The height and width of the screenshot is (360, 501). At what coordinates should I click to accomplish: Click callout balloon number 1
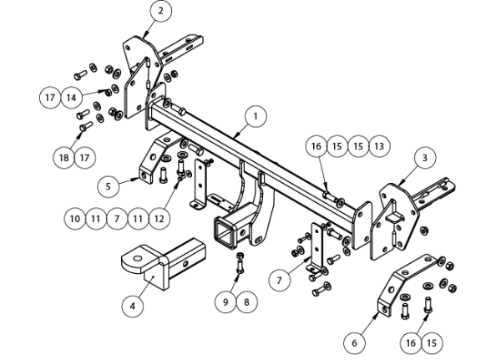pyautogui.click(x=256, y=117)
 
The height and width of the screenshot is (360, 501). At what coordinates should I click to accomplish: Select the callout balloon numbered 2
pyautogui.click(x=160, y=11)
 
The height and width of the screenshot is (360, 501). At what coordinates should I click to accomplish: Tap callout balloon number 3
pyautogui.click(x=425, y=158)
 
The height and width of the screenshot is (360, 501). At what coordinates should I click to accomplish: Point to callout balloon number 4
pyautogui.click(x=133, y=307)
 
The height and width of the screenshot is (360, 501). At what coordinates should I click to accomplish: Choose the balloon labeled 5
pyautogui.click(x=109, y=186)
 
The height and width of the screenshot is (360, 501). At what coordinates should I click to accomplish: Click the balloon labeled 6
pyautogui.click(x=354, y=343)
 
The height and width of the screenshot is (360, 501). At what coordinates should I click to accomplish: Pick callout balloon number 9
pyautogui.click(x=225, y=302)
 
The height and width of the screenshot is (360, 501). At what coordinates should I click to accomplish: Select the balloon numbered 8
pyautogui.click(x=246, y=302)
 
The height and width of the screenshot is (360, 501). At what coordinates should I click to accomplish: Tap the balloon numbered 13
pyautogui.click(x=379, y=146)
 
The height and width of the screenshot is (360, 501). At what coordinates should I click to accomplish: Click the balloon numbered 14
pyautogui.click(x=71, y=97)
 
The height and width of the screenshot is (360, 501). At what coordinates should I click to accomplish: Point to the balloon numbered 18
pyautogui.click(x=64, y=158)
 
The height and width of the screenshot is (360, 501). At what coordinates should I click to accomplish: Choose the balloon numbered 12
pyautogui.click(x=159, y=219)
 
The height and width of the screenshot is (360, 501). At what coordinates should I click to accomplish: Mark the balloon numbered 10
pyautogui.click(x=75, y=219)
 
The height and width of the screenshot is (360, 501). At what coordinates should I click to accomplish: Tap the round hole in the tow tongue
pyautogui.click(x=138, y=258)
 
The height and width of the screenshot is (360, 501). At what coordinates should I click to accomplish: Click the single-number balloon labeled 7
pyautogui.click(x=280, y=281)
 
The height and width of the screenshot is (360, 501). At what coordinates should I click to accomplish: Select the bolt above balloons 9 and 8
pyautogui.click(x=240, y=263)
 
